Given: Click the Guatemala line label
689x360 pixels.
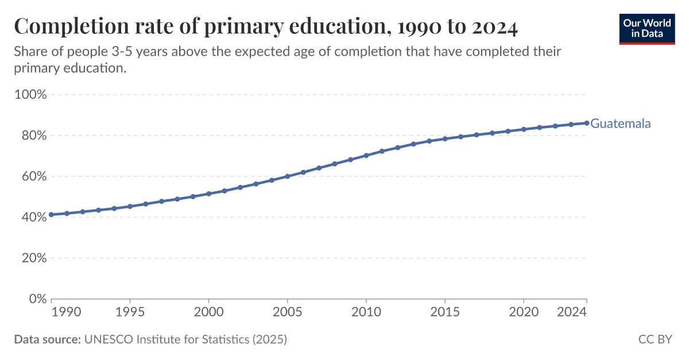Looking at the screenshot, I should (621, 123).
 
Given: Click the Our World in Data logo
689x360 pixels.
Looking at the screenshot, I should (647, 28).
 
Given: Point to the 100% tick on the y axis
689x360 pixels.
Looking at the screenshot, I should (30, 95).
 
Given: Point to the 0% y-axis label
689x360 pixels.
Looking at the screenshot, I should (36, 299).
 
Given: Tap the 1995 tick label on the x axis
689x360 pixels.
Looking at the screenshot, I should (130, 312).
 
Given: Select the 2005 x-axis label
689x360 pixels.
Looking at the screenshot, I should (287, 312).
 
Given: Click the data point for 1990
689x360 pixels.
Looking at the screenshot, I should (52, 215).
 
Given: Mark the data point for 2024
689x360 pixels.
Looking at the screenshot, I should (586, 123).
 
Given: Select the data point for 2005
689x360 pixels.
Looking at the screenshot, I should (288, 176).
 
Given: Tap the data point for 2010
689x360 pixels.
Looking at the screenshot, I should (366, 156).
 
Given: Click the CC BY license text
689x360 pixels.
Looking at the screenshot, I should (655, 339).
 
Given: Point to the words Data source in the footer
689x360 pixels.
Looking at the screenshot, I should (47, 339).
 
